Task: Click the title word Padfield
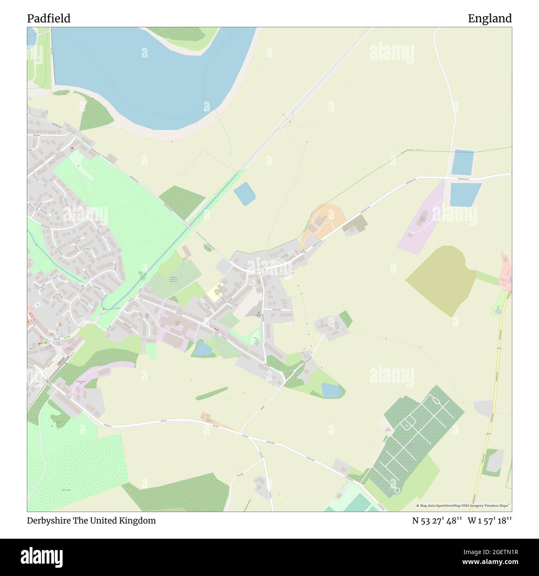coord(49,19)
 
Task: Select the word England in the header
coord(490,19)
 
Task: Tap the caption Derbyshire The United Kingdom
coord(92,521)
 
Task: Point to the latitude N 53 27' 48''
coord(437,521)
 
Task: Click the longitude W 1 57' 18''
coord(490,521)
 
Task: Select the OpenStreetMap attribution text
coord(464,506)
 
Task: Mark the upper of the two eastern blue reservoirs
coord(462,162)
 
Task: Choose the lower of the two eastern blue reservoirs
coord(464,194)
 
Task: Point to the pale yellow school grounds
coord(214,294)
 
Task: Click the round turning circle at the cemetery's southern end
coord(397,491)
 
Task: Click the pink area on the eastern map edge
coord(506,273)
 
